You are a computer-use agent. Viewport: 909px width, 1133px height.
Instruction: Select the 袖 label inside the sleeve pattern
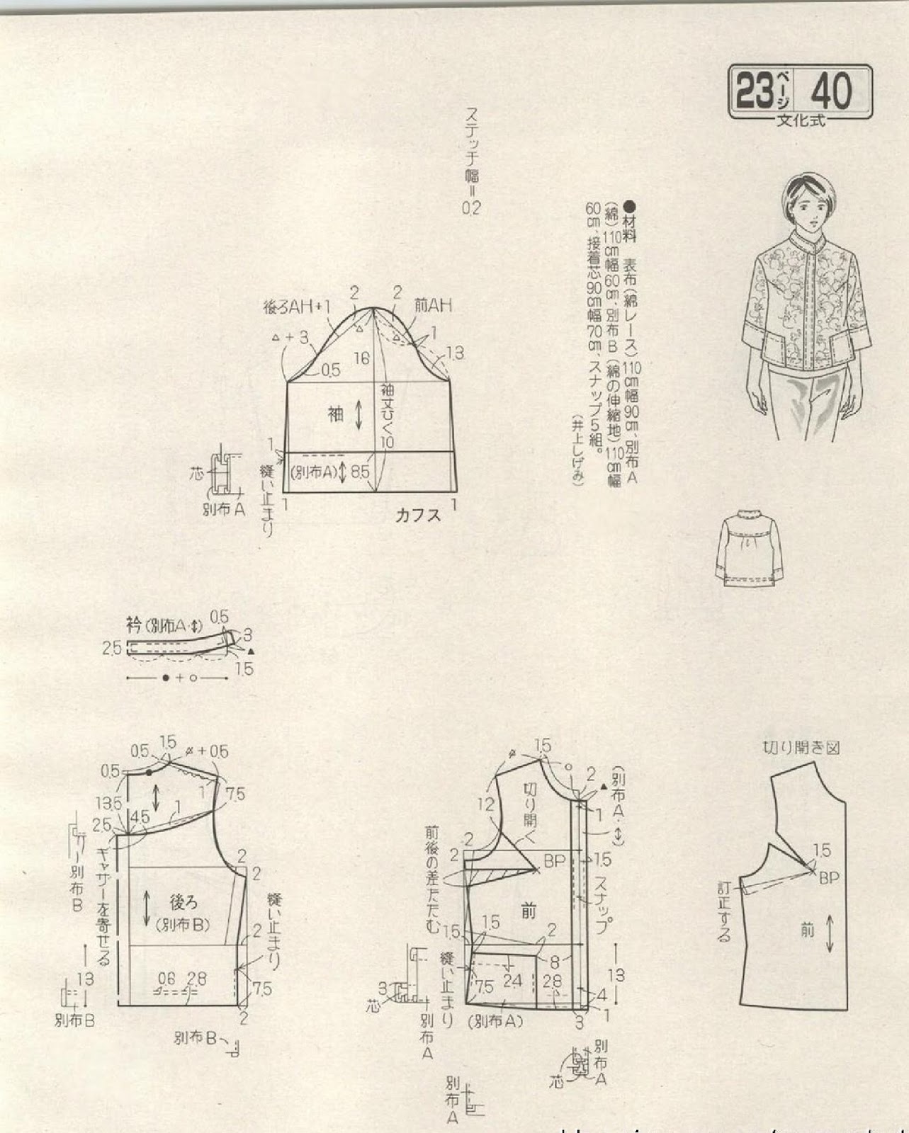335,414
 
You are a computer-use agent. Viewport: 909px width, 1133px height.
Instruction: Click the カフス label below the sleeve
418,515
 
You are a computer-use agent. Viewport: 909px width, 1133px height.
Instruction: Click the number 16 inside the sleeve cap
362,358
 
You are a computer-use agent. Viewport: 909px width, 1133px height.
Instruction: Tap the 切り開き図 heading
801,748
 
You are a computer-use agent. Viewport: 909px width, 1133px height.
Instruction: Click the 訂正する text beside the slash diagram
723,911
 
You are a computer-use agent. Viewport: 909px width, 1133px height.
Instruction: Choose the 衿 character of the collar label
134,625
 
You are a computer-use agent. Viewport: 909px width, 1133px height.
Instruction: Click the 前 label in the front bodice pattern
528,911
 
